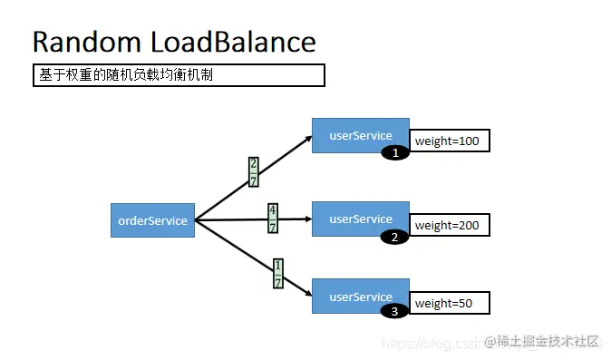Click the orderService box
pyautogui.click(x=152, y=220)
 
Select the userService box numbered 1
pyautogui.click(x=360, y=134)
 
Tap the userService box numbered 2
pyautogui.click(x=360, y=219)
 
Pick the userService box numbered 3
pyautogui.click(x=360, y=297)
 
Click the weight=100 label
pyautogui.click(x=450, y=141)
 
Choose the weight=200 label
pyautogui.click(x=450, y=225)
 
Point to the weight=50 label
pyautogui.click(x=450, y=303)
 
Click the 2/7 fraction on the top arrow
pyautogui.click(x=254, y=171)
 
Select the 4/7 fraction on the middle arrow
pyautogui.click(x=273, y=218)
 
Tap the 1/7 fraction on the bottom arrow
pyautogui.click(x=278, y=273)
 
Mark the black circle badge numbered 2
pyautogui.click(x=394, y=238)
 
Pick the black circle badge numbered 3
pyautogui.click(x=394, y=311)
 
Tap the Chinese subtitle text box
pyautogui.click(x=179, y=75)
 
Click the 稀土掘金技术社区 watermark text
pyautogui.click(x=548, y=341)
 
